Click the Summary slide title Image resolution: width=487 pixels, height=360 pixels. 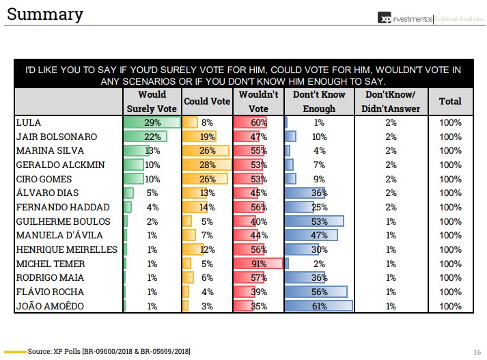pos(46,14)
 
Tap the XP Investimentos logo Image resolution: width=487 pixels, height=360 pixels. pos(406,18)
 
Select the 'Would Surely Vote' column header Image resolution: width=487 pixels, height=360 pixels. pos(152,101)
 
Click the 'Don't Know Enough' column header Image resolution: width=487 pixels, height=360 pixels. pos(319,101)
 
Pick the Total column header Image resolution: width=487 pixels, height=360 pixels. pos(450,101)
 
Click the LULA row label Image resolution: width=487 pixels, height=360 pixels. pos(28,123)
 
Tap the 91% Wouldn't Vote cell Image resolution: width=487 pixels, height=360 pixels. pos(258,264)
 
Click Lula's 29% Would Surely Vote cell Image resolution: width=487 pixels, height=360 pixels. pos(152,123)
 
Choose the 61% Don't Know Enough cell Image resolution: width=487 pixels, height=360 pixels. pos(319,306)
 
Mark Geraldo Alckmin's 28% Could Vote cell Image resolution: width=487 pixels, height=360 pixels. pos(207,165)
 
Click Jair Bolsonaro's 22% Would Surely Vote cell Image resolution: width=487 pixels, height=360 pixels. pos(152,137)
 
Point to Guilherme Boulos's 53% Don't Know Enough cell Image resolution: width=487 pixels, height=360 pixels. pos(319,221)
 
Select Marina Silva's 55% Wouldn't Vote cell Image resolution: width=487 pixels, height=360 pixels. pos(258,151)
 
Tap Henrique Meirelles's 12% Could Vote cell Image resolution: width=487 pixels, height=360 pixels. pos(207,249)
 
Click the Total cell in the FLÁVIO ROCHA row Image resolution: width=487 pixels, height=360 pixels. pos(450,292)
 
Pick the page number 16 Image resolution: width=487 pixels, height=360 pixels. pos(477,351)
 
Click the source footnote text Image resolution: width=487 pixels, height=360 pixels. pos(109,351)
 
